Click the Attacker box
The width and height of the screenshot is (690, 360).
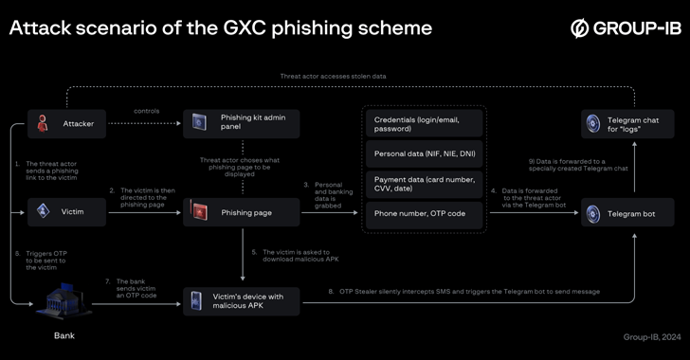(66, 123)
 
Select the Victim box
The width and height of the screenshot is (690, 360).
(66, 212)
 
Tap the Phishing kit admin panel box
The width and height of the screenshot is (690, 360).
(242, 123)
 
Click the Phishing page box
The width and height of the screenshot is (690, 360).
(242, 212)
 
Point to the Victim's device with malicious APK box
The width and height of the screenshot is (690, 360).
(242, 301)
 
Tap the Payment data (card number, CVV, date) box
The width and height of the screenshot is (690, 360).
(425, 183)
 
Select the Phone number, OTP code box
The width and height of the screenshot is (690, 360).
(425, 214)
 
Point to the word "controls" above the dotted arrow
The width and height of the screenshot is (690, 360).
(146, 110)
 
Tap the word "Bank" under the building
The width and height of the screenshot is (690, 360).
(65, 334)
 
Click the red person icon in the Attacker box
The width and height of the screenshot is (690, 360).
(43, 123)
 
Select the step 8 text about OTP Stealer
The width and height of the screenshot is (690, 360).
(464, 292)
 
